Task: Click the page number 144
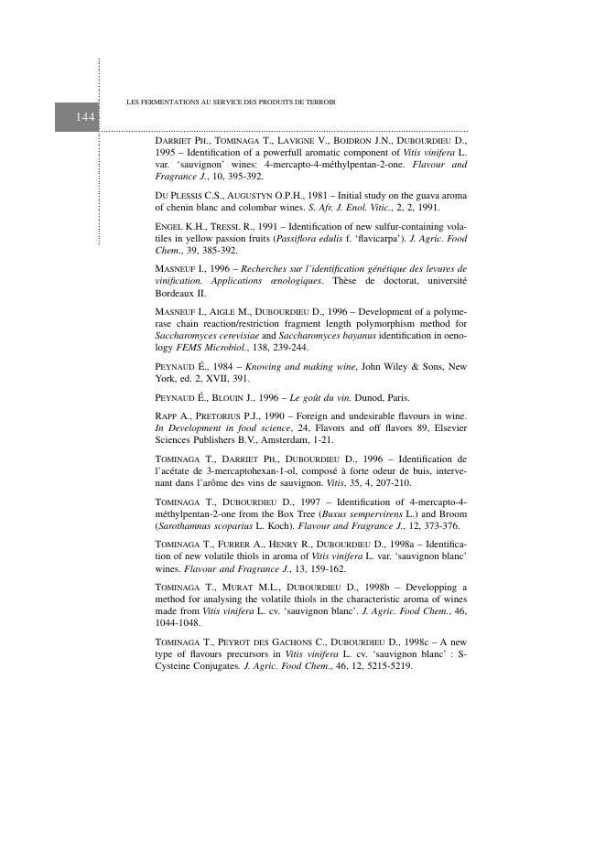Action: (85, 117)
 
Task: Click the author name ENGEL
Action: (171, 227)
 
